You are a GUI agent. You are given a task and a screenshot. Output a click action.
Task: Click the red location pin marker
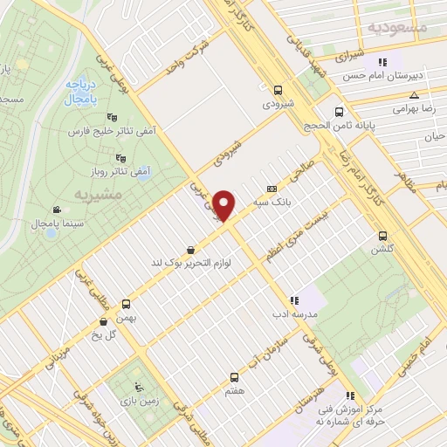(x=225, y=205)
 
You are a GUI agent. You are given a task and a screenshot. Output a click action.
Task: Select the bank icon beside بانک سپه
(x=272, y=187)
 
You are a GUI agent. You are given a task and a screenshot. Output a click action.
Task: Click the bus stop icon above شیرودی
(x=278, y=89)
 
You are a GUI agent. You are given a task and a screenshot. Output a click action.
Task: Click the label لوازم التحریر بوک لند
(x=192, y=262)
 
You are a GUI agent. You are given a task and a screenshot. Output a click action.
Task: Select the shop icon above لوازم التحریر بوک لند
(x=190, y=248)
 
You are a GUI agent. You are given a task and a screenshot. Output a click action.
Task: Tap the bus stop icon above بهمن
(x=127, y=304)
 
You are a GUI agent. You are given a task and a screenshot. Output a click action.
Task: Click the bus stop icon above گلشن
(x=382, y=236)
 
